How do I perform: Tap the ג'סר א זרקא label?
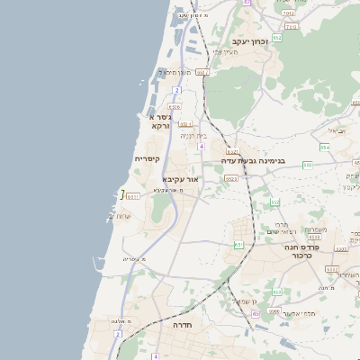pos(160,121)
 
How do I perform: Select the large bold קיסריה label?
pos(147,159)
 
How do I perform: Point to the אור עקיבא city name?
pos(180,180)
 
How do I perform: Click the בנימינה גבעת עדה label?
pos(253,161)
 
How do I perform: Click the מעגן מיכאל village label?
pos(175,71)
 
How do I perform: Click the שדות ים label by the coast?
pos(120,216)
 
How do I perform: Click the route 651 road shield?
pos(238,244)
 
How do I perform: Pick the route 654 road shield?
pos(324,147)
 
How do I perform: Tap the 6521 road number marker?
pos(232,151)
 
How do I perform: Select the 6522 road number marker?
pos(231,178)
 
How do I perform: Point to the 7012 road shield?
pos(288,13)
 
